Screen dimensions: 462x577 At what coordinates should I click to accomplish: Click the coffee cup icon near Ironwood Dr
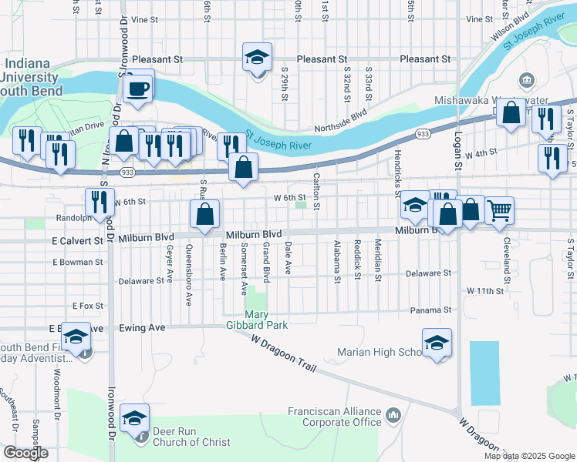[139, 86]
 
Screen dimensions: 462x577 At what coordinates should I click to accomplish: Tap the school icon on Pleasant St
[258, 58]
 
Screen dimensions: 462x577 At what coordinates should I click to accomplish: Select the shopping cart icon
[499, 209]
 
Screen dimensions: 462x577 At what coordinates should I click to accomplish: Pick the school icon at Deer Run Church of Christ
[134, 419]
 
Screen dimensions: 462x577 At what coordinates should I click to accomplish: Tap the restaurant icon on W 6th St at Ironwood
[100, 201]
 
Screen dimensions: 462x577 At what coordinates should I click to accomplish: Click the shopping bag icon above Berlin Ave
[205, 214]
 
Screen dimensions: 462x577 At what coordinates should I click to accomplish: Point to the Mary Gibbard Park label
[266, 320]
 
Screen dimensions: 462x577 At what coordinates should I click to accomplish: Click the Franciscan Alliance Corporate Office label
[335, 417]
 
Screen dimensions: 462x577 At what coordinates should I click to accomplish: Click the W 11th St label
[484, 291]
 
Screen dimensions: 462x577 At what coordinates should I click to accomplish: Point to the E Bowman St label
[78, 263]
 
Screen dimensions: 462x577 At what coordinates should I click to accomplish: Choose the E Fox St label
[87, 306]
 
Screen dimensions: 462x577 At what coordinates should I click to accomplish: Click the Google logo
[25, 453]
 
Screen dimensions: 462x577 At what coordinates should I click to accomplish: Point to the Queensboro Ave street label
[189, 274]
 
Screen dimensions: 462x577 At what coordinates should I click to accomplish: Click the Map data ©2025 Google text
[528, 456]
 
